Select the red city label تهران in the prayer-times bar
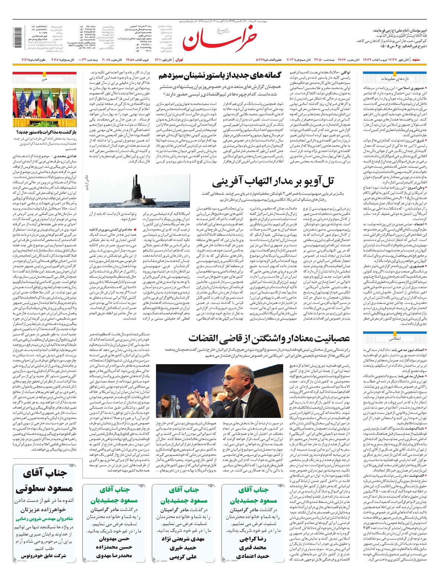click(180, 59)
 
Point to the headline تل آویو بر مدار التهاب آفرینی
click(273, 183)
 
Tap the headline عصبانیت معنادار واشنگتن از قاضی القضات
click(269, 339)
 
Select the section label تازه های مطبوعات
click(395, 79)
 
